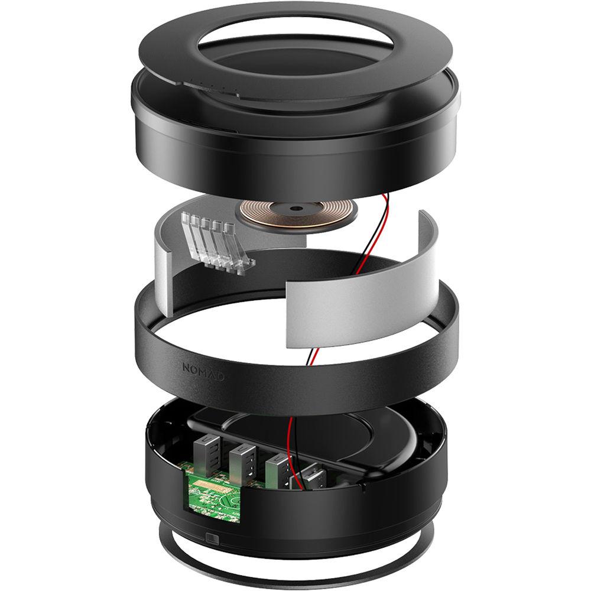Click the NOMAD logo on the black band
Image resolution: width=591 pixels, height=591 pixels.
203,372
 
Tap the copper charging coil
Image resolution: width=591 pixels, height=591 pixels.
295,213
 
